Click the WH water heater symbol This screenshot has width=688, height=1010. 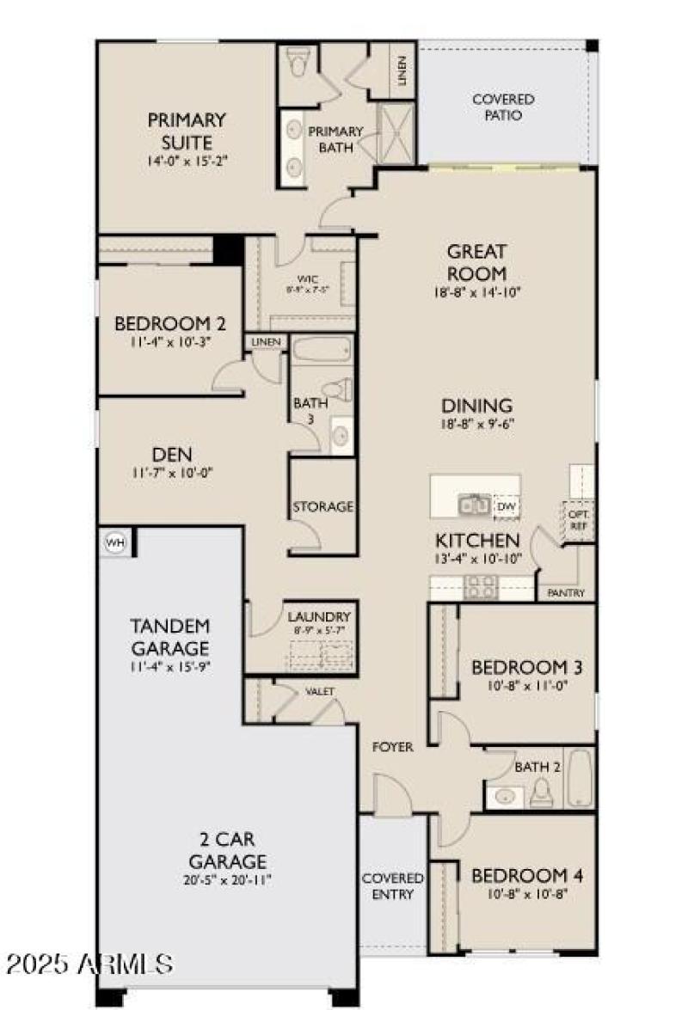(x=114, y=542)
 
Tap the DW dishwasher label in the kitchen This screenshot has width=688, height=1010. (x=506, y=507)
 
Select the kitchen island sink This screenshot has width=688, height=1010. (x=474, y=505)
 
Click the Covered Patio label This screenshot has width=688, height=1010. (x=503, y=107)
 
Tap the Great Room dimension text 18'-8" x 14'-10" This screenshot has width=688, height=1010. (x=476, y=292)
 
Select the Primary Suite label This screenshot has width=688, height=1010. (x=186, y=131)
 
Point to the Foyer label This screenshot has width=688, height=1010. (x=392, y=747)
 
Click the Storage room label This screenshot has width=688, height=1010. (x=323, y=506)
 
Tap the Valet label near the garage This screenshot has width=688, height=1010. (x=319, y=691)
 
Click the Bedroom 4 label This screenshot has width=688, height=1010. (x=527, y=876)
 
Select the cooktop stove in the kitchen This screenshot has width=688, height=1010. (x=478, y=587)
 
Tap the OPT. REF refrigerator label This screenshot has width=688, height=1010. (x=576, y=520)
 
